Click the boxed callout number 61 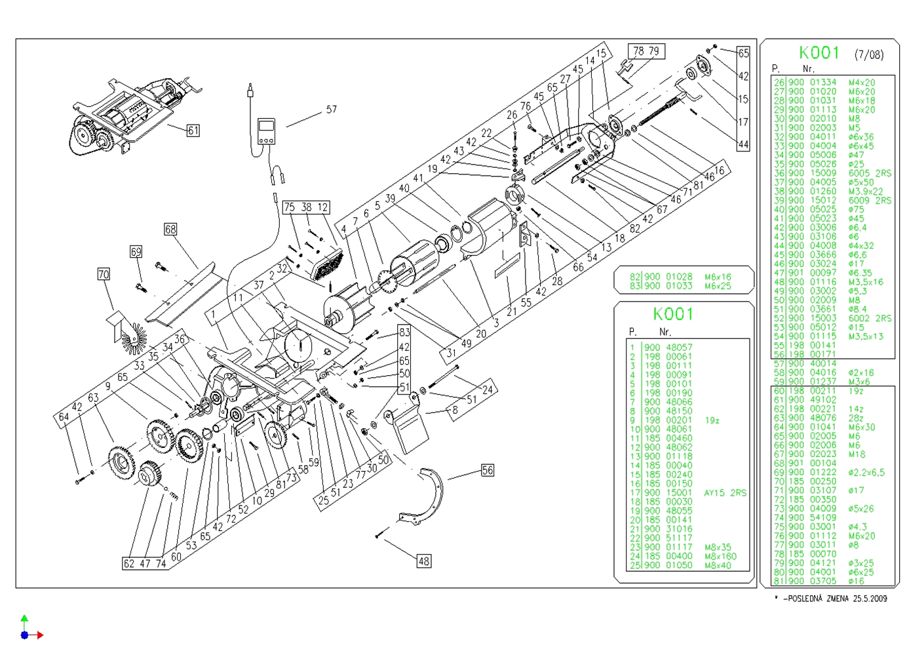(x=193, y=130)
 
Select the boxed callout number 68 (x=170, y=229)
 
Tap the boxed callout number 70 (x=104, y=274)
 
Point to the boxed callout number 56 (x=488, y=470)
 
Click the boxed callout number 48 (x=424, y=561)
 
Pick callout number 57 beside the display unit (x=332, y=110)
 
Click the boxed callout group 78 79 (x=646, y=51)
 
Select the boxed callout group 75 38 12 (x=306, y=207)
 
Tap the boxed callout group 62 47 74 (x=145, y=563)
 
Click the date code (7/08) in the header (x=868, y=55)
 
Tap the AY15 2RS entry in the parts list (x=725, y=492)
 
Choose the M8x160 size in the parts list (x=720, y=556)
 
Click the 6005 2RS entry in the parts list (x=870, y=173)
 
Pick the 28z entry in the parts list (x=856, y=418)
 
